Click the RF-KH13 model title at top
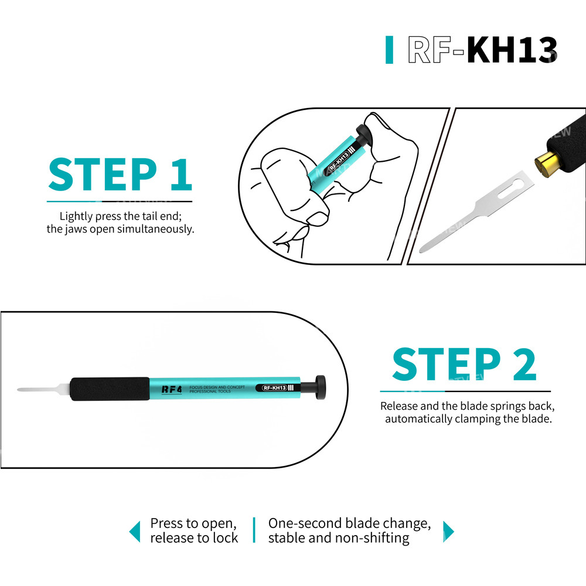482,50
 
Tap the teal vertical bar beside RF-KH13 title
389,50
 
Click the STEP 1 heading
120,174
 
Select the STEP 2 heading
464,365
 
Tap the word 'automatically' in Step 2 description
418,419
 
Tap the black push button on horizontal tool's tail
321,387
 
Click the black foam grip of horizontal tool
110,389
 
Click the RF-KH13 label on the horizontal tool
274,388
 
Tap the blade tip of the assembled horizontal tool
22,390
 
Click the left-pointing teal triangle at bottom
135,532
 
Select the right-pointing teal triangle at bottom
448,532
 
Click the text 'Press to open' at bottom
193,523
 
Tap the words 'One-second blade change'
349,523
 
